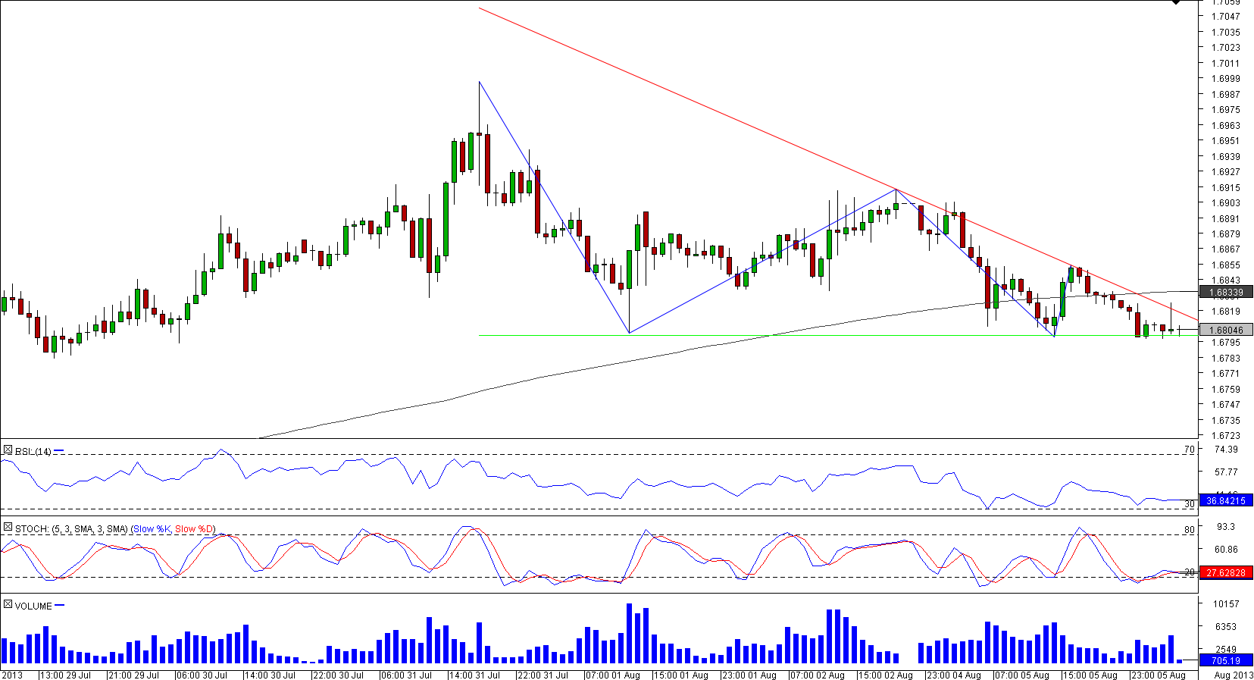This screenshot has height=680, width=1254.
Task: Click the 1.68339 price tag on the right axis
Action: tap(1225, 292)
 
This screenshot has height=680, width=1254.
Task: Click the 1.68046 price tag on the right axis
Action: tap(1225, 330)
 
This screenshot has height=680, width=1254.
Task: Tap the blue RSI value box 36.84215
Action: tap(1225, 500)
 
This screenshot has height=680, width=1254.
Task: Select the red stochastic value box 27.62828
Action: tap(1225, 572)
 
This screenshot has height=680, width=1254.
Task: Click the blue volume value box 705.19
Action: tap(1225, 661)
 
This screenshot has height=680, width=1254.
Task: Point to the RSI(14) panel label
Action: tap(33, 452)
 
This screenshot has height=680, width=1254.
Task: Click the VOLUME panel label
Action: tap(33, 606)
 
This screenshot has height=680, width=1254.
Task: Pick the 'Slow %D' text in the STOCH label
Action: tap(195, 529)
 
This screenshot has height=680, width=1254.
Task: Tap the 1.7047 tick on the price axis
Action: tap(1225, 16)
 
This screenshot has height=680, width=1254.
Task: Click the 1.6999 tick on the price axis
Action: tap(1225, 79)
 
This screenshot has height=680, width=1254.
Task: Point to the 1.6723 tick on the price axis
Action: tap(1225, 436)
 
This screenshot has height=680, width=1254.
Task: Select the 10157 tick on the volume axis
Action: tap(1225, 604)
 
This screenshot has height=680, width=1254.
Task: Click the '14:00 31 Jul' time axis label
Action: tap(474, 675)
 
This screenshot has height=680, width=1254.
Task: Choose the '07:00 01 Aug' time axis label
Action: tap(612, 675)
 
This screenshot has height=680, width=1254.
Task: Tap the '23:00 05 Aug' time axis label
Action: tap(1158, 675)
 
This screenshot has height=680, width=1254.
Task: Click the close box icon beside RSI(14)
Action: tap(8, 450)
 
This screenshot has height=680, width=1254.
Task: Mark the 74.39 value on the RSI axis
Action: tap(1225, 450)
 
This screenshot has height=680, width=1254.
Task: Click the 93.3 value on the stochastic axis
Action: tap(1225, 527)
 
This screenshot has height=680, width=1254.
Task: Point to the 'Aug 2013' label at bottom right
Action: tap(1233, 675)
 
